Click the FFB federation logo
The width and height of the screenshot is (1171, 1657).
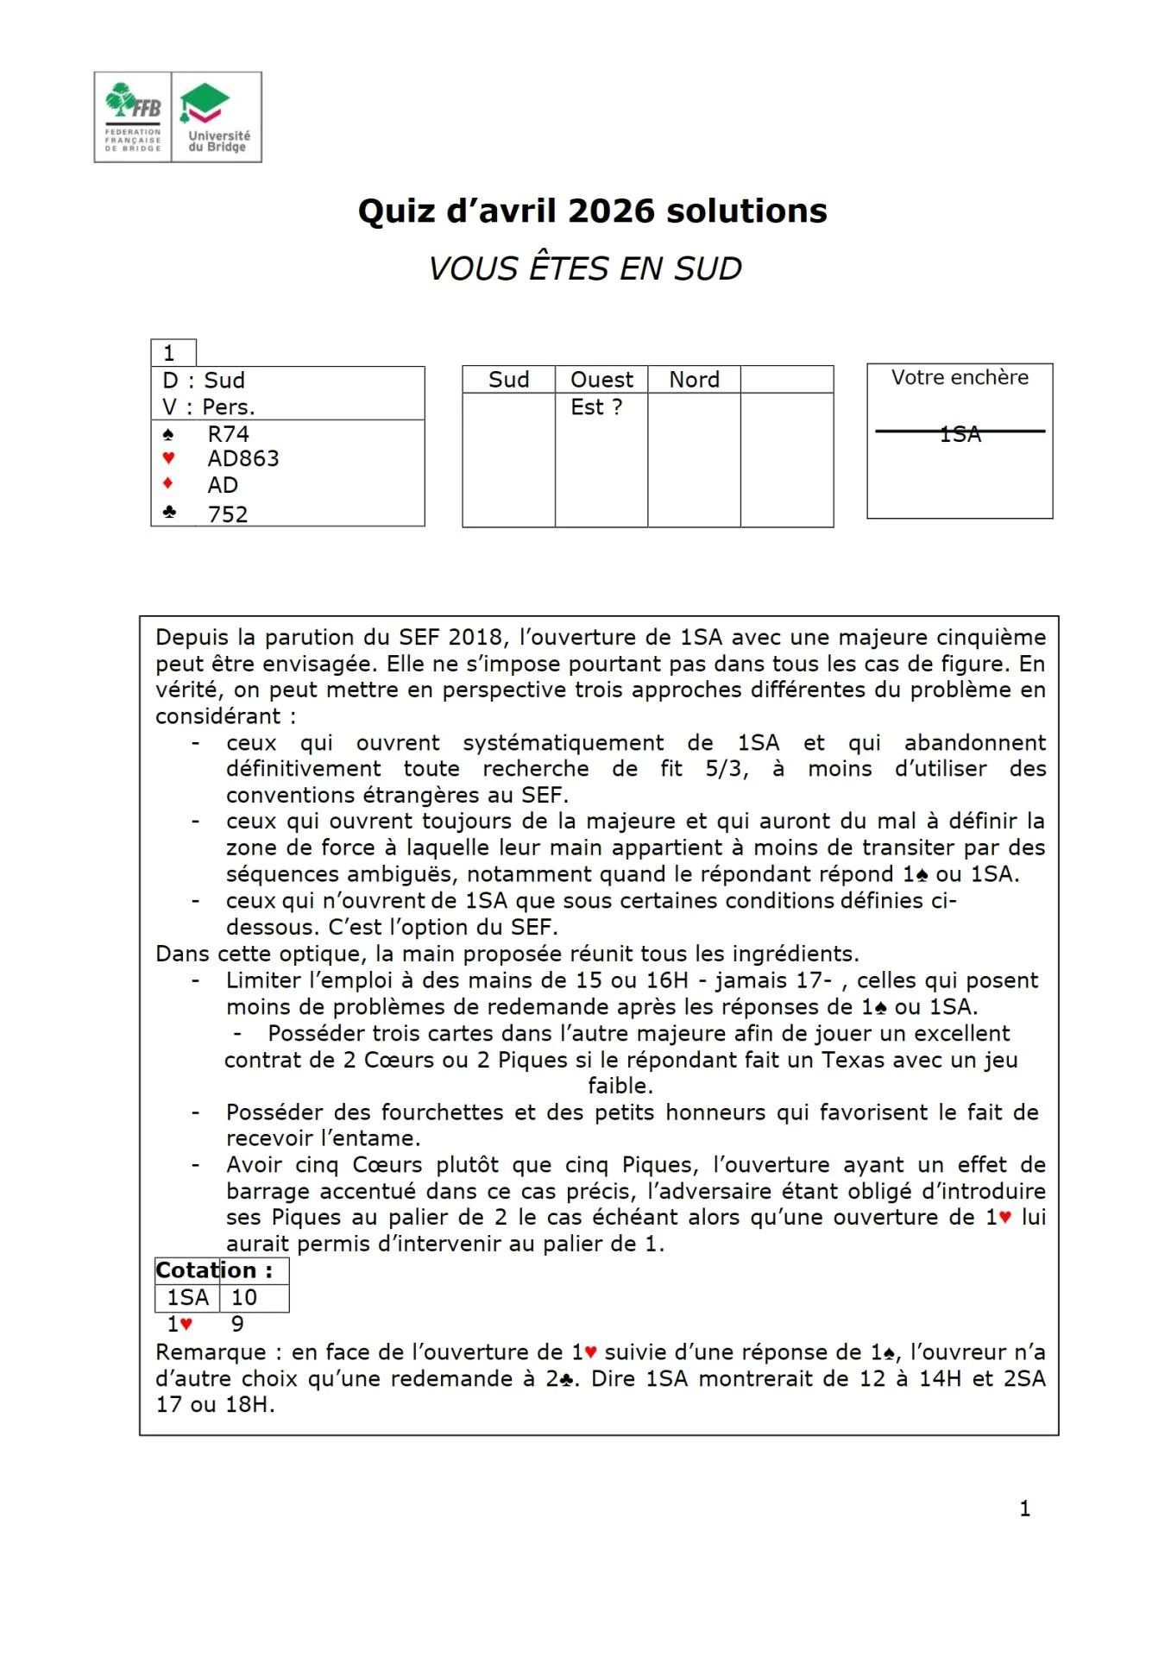[x=133, y=117]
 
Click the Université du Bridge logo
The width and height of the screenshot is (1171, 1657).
[x=217, y=117]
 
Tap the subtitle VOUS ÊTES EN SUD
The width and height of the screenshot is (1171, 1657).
[x=585, y=268]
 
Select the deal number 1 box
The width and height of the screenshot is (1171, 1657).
[x=172, y=353]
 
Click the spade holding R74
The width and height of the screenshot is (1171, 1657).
[x=228, y=434]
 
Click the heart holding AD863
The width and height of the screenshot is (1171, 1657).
[x=242, y=459]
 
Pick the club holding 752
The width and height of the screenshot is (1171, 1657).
[x=228, y=514]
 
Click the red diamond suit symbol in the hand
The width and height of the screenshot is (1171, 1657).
[x=168, y=483]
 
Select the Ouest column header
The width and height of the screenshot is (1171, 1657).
[x=601, y=380]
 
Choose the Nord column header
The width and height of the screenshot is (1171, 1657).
[x=694, y=380]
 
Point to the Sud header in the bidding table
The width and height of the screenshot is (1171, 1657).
[x=508, y=380]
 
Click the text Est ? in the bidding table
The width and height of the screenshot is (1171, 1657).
[x=596, y=407]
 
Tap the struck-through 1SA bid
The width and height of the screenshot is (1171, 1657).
[x=960, y=434]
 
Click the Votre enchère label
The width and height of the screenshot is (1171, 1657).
[x=960, y=378]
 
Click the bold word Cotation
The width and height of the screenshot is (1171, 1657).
[x=206, y=1270]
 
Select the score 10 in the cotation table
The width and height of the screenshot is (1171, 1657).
[x=244, y=1297]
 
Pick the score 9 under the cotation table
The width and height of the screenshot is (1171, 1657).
[x=237, y=1324]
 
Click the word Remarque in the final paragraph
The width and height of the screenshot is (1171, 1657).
[x=211, y=1352]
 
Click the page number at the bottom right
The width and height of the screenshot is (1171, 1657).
[x=1024, y=1509]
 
